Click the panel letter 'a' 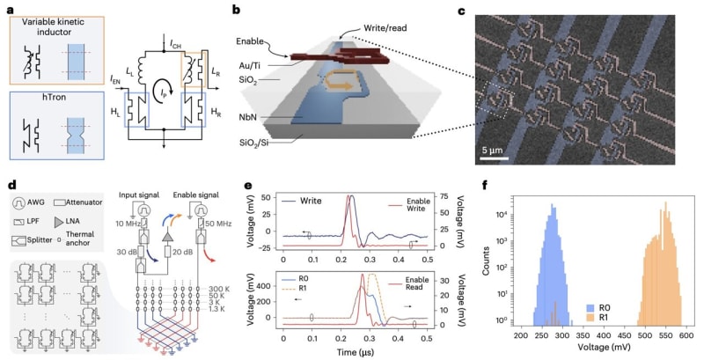click(8, 8)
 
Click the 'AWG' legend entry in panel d click(36, 199)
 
